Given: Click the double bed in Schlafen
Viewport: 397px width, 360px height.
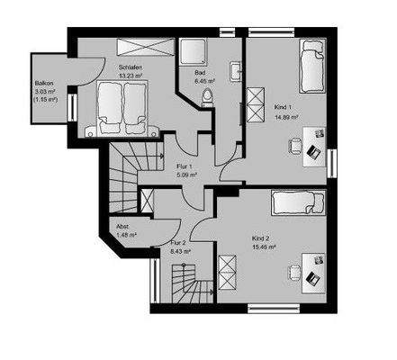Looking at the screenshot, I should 116,108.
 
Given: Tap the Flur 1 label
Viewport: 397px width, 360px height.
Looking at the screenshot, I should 183,166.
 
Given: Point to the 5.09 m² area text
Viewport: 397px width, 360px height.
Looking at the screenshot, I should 184,175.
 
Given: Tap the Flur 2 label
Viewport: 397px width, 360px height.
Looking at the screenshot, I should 177,243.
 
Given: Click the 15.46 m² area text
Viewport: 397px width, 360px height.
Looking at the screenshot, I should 264,247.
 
